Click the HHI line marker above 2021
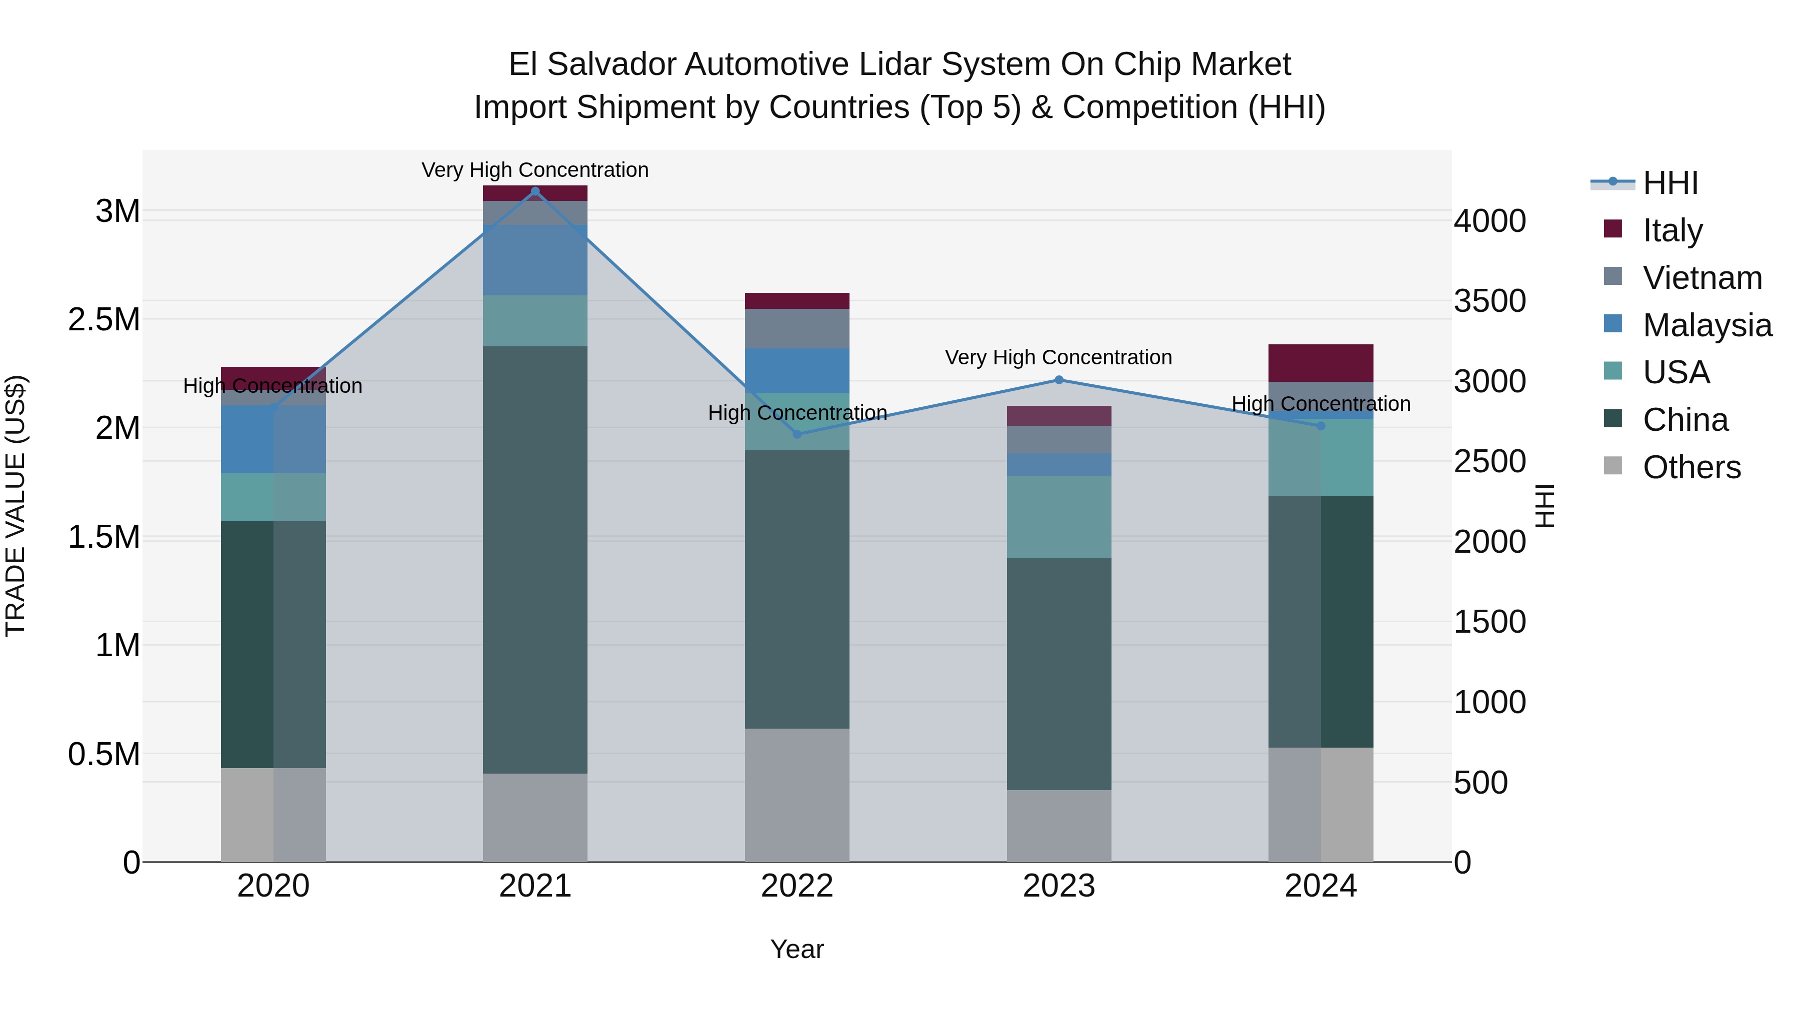535,191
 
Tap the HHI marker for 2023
1058,380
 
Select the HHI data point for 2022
797,434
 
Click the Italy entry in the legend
1672,230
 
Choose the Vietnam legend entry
1702,278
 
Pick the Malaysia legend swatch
1612,324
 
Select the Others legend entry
1691,467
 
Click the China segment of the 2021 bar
535,559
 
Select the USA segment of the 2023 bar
1058,517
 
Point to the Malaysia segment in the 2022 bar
797,370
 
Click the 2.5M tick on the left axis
104,320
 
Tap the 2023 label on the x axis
1058,886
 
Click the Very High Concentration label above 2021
535,170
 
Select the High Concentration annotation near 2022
797,413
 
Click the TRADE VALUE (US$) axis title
15,506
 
